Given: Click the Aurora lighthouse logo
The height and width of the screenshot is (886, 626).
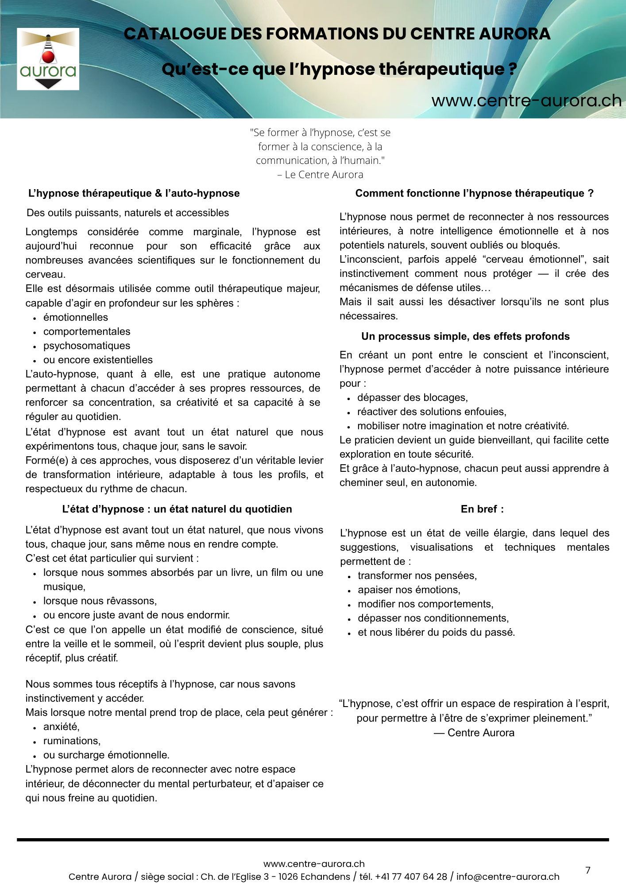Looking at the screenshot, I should click(x=48, y=59).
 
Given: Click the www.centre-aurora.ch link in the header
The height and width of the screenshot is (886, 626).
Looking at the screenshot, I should click(x=526, y=101).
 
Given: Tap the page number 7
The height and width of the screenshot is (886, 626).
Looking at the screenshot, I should click(x=588, y=870).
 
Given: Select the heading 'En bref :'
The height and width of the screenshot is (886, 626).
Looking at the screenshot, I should click(x=482, y=509).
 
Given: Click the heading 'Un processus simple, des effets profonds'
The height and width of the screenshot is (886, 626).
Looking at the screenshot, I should click(x=465, y=336).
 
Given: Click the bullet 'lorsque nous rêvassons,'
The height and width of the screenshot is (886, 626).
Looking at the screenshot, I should click(x=100, y=601).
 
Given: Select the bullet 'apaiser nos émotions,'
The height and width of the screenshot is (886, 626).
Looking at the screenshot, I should click(x=409, y=590).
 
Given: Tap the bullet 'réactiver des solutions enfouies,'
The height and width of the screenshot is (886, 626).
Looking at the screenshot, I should click(x=432, y=412).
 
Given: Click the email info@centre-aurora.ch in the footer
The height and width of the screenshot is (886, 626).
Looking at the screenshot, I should click(x=508, y=877).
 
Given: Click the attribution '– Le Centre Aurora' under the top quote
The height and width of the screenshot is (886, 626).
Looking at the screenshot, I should click(x=320, y=175).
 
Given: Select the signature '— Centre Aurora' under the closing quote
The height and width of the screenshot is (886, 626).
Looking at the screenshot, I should click(x=474, y=733).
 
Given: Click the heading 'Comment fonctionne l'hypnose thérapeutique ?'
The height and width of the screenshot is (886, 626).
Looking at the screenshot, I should click(x=474, y=193).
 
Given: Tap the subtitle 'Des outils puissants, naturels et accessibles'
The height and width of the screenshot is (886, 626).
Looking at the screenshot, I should click(x=128, y=213).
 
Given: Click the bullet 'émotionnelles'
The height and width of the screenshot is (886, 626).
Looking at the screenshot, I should click(x=76, y=317).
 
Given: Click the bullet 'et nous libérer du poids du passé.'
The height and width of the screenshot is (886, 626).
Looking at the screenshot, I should click(x=437, y=632).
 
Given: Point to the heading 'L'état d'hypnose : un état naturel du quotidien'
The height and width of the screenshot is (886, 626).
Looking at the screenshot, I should click(x=177, y=509).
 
